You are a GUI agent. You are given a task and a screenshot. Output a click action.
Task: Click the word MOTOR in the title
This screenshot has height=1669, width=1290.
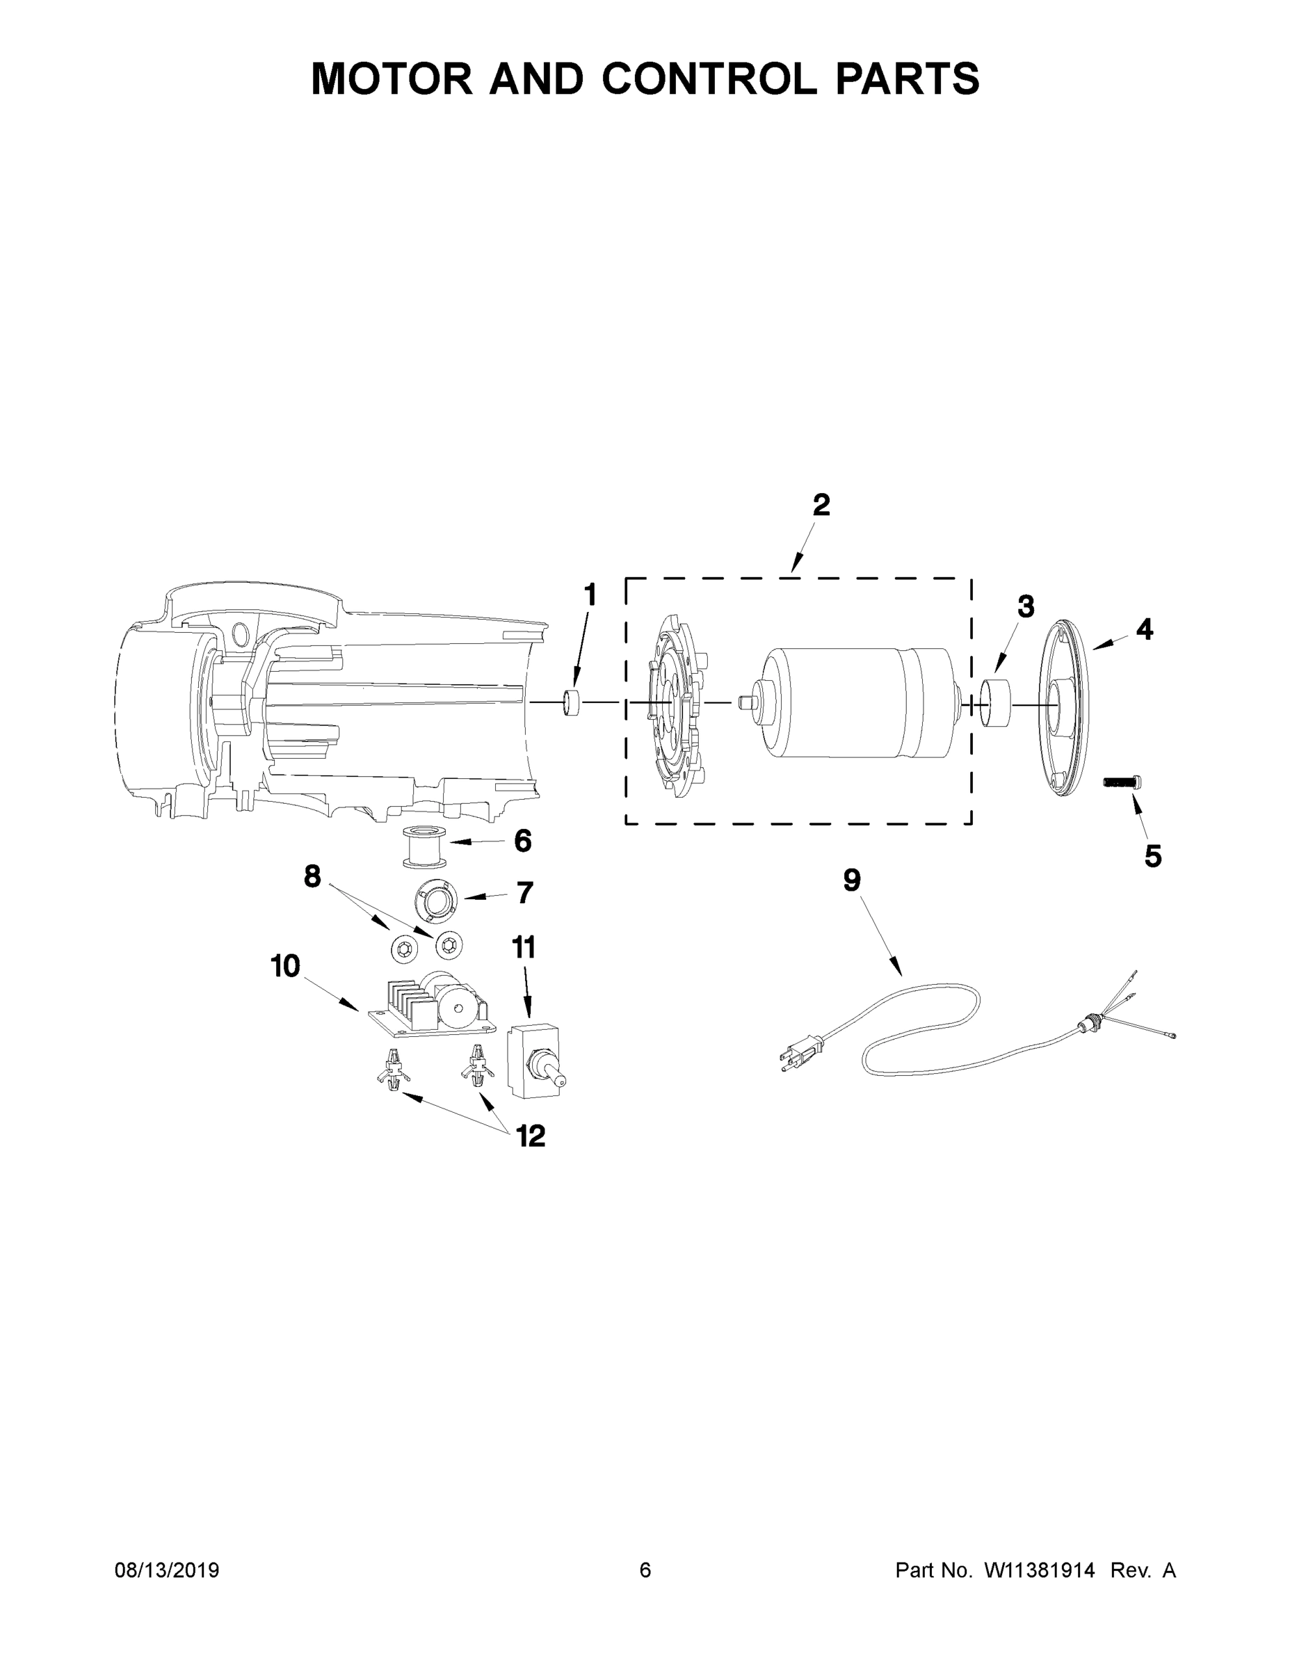click(392, 79)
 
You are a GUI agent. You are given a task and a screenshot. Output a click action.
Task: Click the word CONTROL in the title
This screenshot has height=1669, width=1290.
click(709, 79)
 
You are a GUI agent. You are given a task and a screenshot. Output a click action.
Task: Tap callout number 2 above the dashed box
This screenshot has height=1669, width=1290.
click(821, 505)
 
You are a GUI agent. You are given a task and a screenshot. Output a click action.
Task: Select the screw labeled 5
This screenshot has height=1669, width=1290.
click(1120, 782)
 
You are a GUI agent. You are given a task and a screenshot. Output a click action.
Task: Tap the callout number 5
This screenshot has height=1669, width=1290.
click(1152, 857)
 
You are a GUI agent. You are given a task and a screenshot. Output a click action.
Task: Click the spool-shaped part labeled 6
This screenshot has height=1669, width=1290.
click(424, 847)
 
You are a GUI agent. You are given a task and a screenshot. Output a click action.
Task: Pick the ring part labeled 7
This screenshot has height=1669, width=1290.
click(435, 898)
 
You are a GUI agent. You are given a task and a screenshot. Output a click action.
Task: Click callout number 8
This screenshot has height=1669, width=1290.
click(312, 876)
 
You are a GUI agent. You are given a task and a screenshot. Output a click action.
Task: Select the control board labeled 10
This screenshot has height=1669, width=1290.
click(428, 1007)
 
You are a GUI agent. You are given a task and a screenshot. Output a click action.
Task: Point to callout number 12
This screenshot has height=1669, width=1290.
click(531, 1136)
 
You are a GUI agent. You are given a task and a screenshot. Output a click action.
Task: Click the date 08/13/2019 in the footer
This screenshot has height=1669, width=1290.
click(167, 1570)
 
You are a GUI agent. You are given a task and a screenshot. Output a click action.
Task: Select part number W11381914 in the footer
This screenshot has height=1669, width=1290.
click(1040, 1570)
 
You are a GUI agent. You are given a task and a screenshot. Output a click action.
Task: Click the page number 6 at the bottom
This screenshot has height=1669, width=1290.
click(645, 1570)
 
